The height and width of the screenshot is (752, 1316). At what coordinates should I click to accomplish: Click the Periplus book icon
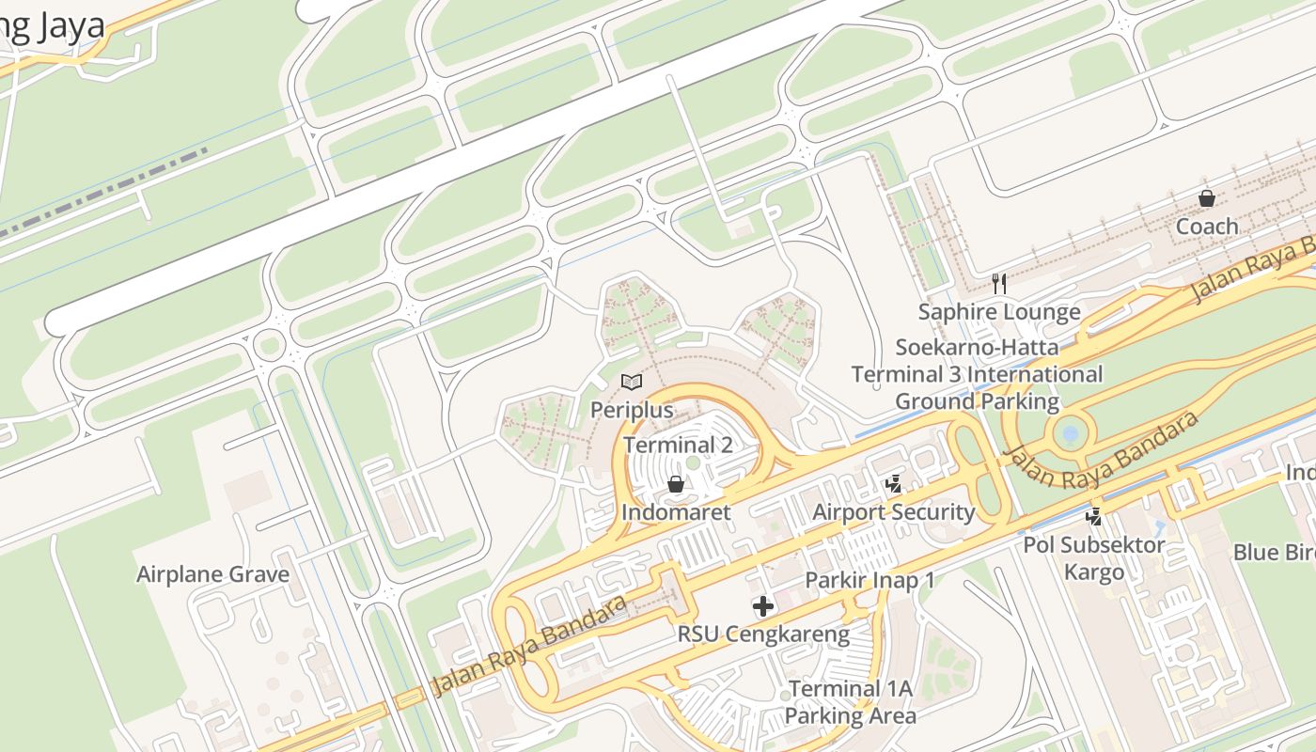[x=632, y=382]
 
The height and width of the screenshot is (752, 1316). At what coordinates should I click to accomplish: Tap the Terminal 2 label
[x=678, y=445]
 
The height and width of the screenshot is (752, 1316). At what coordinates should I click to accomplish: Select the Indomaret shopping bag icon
[x=675, y=484]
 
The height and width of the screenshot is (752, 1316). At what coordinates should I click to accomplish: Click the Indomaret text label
[x=675, y=512]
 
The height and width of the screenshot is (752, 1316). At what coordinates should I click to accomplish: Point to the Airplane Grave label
[x=213, y=574]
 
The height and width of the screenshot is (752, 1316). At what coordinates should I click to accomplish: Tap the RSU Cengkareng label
[x=763, y=634]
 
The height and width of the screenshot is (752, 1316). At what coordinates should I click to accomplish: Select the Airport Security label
[x=894, y=512]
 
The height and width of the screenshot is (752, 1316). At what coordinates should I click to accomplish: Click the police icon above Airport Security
[x=894, y=484]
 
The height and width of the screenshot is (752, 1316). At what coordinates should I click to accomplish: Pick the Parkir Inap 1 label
[x=869, y=580]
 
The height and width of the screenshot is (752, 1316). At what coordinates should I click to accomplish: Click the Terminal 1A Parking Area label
[x=850, y=702]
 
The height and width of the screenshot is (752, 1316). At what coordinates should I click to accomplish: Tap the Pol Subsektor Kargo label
[x=1094, y=558]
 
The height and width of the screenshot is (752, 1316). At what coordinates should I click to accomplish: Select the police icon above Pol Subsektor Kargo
[x=1093, y=515]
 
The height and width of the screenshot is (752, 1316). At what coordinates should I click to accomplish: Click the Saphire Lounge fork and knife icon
[x=999, y=283]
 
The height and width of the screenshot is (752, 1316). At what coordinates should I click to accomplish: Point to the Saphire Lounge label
[x=999, y=311]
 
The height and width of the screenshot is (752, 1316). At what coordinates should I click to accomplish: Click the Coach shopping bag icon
[x=1207, y=198]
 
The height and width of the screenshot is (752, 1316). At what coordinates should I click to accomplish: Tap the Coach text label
[x=1207, y=227]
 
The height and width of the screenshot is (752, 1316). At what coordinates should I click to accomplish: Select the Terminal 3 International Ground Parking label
[x=977, y=375]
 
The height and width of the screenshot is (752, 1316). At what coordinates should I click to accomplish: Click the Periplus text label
[x=632, y=410]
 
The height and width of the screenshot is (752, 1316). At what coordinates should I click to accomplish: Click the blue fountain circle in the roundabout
[x=1069, y=434]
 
